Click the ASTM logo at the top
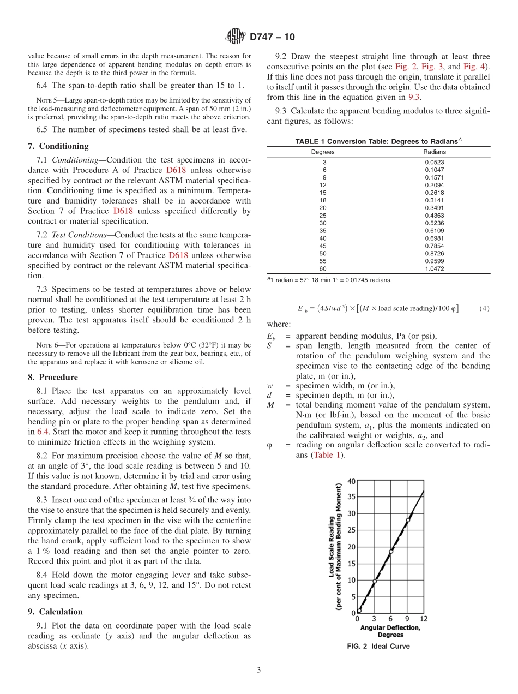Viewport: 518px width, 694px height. click(x=236, y=37)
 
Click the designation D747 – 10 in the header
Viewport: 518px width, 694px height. click(x=272, y=37)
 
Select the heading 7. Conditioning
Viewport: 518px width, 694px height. click(x=58, y=146)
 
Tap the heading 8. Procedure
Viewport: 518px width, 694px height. click(x=53, y=377)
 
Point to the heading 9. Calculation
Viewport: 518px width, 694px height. click(x=55, y=612)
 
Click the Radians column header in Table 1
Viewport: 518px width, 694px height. click(x=434, y=152)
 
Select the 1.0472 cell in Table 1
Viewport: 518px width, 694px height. click(x=434, y=269)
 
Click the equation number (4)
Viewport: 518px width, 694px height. click(x=484, y=308)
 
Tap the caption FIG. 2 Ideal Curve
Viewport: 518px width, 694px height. click(x=378, y=647)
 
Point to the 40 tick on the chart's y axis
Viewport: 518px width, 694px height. click(x=351, y=481)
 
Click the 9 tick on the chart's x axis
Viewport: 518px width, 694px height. click(x=407, y=619)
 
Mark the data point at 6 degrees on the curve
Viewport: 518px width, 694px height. click(x=391, y=552)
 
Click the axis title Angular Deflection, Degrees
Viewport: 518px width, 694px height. click(x=390, y=631)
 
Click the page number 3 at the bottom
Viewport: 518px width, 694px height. click(x=259, y=670)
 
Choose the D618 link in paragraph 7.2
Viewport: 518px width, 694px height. click(x=179, y=255)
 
